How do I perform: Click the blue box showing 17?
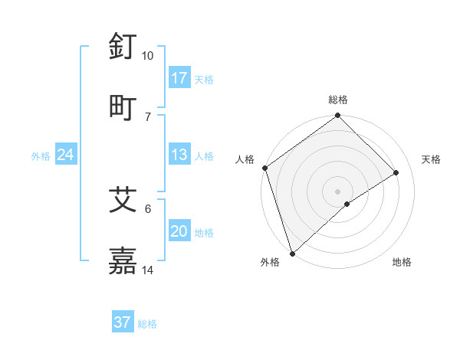pyautogui.click(x=179, y=78)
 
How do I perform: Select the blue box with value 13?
pyautogui.click(x=179, y=155)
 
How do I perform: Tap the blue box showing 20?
pyautogui.click(x=179, y=232)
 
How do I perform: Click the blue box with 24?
pyautogui.click(x=66, y=155)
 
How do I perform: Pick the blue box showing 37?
pyautogui.click(x=122, y=322)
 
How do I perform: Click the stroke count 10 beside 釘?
pyautogui.click(x=148, y=56)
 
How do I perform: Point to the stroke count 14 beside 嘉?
pyautogui.click(x=148, y=270)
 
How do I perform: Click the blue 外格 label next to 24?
pyautogui.click(x=41, y=156)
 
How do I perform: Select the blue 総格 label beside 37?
pyautogui.click(x=147, y=324)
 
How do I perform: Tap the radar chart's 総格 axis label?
pyautogui.click(x=338, y=100)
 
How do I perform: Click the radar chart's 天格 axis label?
pyautogui.click(x=431, y=159)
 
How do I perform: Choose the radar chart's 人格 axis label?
pyautogui.click(x=245, y=159)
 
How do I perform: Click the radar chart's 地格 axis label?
pyautogui.click(x=402, y=262)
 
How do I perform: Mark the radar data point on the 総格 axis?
pyautogui.click(x=338, y=116)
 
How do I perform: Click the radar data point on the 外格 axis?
pyautogui.click(x=292, y=253)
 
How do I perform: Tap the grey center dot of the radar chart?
pyautogui.click(x=338, y=191)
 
